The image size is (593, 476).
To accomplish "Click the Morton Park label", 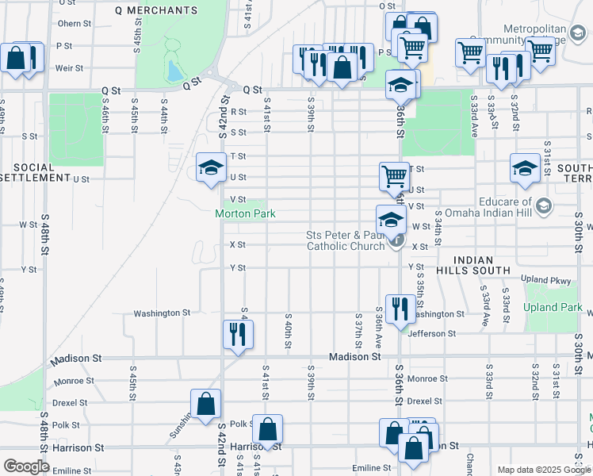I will tap(245, 214).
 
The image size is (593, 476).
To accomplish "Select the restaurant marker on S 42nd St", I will tap(237, 333).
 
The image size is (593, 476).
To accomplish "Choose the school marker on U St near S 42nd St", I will tap(210, 167).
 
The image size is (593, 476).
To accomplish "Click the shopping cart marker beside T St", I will tap(394, 176).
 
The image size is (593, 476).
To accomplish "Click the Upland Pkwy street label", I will tap(546, 280).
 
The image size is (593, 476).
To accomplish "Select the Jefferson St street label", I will tap(432, 334).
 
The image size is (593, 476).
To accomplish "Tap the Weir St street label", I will tap(70, 68).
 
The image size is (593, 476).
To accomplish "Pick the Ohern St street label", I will tap(71, 24).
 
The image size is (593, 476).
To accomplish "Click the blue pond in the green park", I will tap(174, 71).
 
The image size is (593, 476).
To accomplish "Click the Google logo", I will tap(26, 466).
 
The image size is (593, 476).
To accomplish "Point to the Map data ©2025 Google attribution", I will tap(545, 470).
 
